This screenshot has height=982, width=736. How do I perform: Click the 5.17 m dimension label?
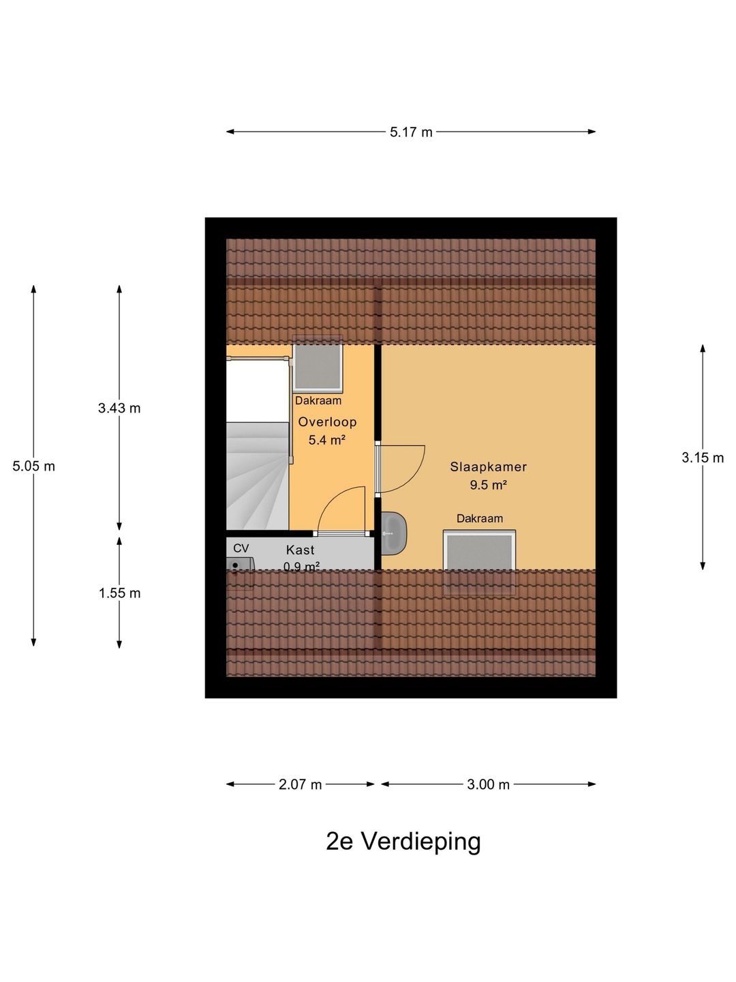click(x=411, y=132)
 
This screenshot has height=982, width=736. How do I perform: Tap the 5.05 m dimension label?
click(x=33, y=466)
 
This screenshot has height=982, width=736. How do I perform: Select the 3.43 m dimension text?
click(x=119, y=408)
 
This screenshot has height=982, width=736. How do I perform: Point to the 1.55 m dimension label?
click(x=119, y=593)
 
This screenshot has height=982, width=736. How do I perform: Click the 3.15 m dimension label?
click(x=703, y=457)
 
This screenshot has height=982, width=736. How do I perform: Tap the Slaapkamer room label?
click(x=489, y=466)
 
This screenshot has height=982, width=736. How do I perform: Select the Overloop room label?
click(x=328, y=422)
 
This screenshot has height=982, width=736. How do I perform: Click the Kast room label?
click(x=301, y=550)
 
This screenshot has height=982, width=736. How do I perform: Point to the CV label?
click(x=241, y=548)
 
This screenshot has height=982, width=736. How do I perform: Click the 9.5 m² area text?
click(x=489, y=485)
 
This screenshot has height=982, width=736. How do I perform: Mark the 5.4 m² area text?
click(x=327, y=441)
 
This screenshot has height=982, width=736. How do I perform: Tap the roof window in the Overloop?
click(x=318, y=365)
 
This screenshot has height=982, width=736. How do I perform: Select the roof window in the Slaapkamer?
click(x=480, y=563)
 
